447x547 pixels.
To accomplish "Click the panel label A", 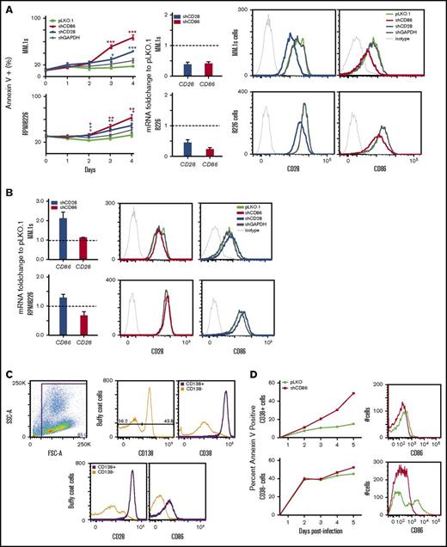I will (x=6, y=7).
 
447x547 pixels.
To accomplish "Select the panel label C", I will (x=6, y=377).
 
